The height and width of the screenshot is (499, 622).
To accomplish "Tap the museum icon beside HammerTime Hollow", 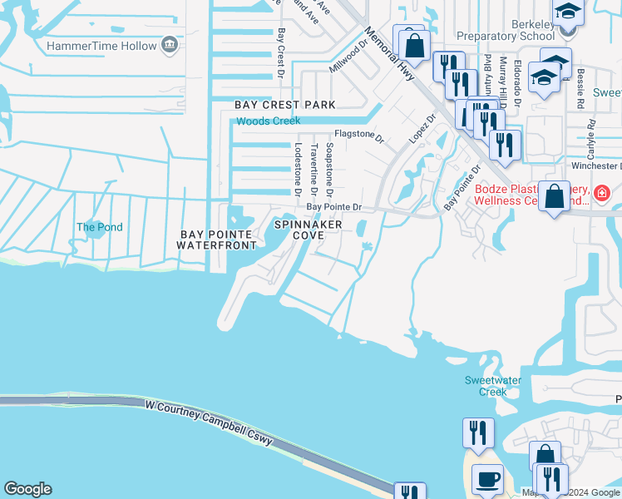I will [x=170, y=43].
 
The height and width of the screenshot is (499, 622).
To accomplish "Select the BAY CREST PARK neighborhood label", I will [x=284, y=105].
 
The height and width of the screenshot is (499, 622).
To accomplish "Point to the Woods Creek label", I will [x=268, y=121].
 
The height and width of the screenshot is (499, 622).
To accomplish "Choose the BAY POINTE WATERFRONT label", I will [x=218, y=240].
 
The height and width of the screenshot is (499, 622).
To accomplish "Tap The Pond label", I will [x=99, y=227].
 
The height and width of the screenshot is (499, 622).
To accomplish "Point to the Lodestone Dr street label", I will [x=296, y=163].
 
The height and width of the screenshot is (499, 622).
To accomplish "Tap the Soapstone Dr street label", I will [x=330, y=163].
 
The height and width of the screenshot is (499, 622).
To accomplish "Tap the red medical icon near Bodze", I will [x=602, y=194].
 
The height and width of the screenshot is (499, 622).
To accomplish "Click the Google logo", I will [x=27, y=489].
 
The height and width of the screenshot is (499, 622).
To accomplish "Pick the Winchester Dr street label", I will [x=593, y=165].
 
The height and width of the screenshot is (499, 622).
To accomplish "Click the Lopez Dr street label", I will [x=422, y=128].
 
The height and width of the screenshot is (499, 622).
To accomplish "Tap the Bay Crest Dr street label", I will [x=282, y=48].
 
